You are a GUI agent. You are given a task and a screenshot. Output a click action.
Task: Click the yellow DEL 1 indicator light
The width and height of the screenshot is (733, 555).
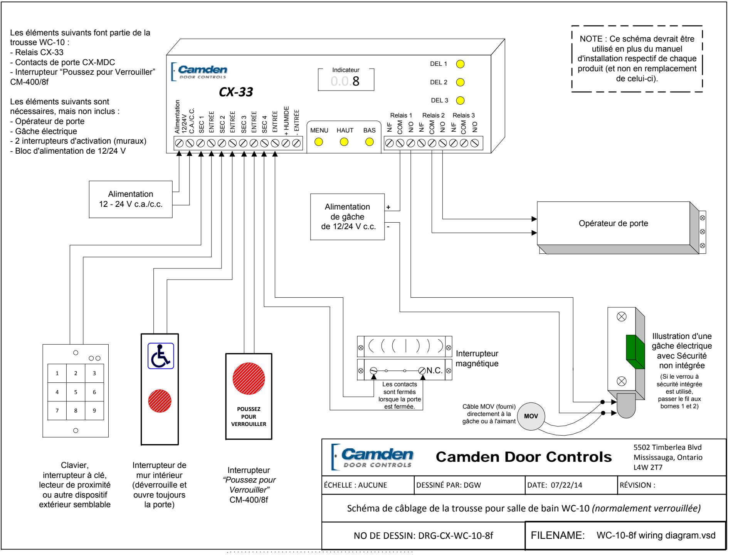tap(460, 64)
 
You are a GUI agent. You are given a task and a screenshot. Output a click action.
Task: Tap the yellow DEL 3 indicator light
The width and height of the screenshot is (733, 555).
tap(460, 101)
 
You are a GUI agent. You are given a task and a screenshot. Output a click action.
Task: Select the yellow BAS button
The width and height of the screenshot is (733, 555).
tap(369, 142)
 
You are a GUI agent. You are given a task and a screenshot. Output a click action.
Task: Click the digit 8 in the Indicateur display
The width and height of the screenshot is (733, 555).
tap(356, 81)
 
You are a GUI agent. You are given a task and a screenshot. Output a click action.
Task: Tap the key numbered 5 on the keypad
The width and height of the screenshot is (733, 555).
tap(76, 392)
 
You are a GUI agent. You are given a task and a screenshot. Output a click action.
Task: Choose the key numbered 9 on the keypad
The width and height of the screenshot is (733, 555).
tap(94, 411)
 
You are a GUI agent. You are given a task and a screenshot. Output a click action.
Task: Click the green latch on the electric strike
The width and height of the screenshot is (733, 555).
tap(635, 352)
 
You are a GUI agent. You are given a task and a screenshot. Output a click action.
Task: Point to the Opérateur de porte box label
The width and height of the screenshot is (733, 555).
tap(614, 223)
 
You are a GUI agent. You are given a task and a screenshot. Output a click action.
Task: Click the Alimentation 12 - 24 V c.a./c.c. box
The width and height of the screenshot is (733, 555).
tap(131, 199)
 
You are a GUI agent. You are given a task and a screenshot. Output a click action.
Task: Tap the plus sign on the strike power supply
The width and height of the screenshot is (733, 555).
tap(388, 207)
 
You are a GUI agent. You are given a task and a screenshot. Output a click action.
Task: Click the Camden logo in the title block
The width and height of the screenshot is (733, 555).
tap(369, 457)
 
